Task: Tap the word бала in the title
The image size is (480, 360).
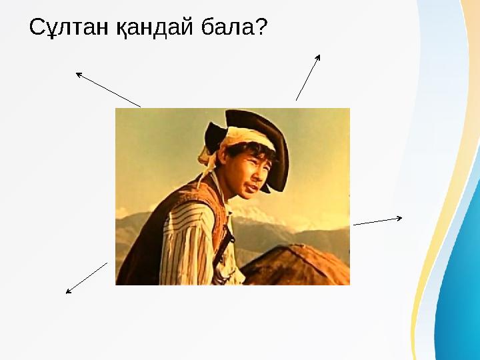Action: coord(218,28)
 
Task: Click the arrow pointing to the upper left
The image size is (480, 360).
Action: coord(108,90)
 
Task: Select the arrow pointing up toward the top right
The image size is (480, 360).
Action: coord(308,77)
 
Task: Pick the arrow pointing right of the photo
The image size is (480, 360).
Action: coord(377,221)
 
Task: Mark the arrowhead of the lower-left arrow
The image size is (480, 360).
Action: coord(69,291)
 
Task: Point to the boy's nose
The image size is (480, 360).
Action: coord(255,175)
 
